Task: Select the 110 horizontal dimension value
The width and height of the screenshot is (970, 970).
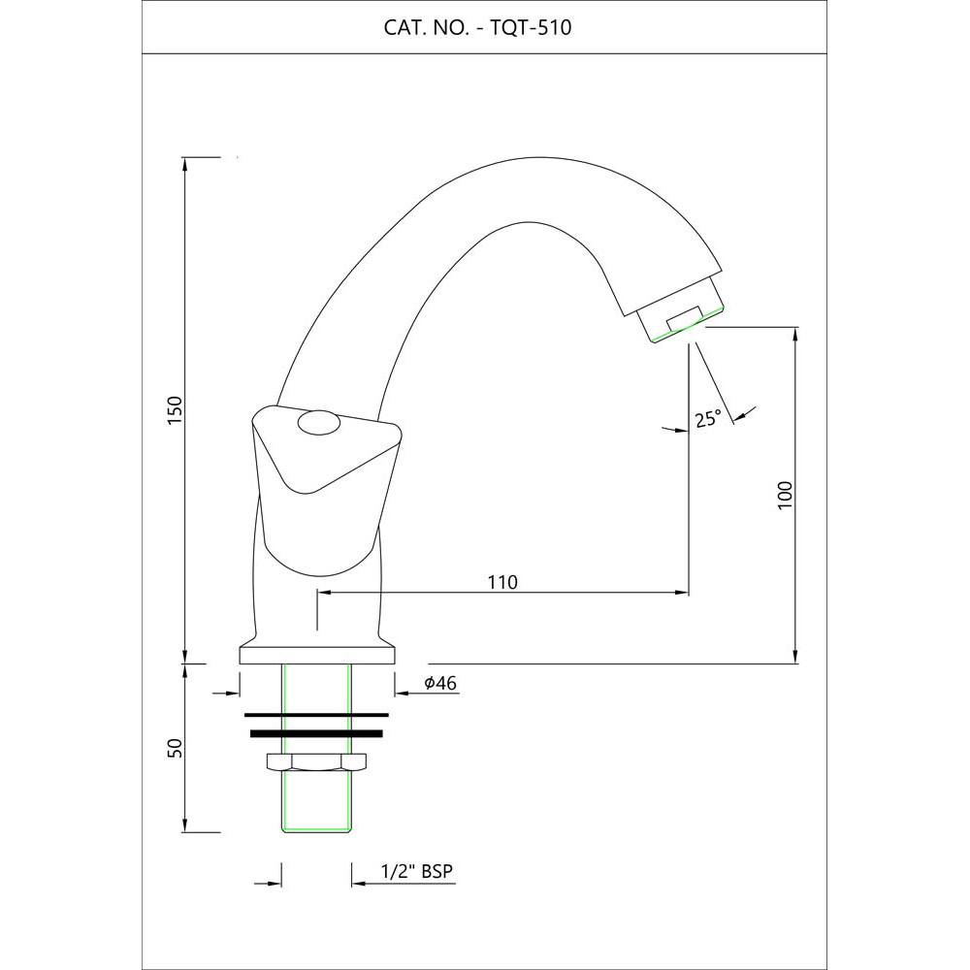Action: click(x=502, y=582)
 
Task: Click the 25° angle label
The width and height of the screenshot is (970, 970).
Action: click(x=708, y=419)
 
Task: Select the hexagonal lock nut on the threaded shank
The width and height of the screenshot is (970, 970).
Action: click(x=316, y=762)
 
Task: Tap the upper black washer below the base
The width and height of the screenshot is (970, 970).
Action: click(x=317, y=716)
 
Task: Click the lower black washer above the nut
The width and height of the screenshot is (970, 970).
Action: click(x=317, y=733)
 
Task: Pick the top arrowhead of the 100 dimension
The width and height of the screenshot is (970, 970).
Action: click(x=796, y=334)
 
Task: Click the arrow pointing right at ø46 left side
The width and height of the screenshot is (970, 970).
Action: click(x=234, y=693)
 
